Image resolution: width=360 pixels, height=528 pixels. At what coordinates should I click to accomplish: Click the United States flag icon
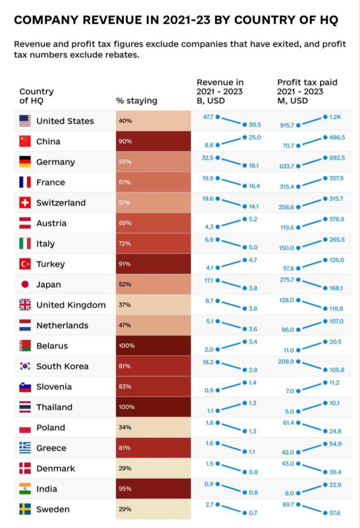coord(25,121)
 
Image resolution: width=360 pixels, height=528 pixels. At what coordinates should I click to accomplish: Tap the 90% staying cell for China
coord(153,141)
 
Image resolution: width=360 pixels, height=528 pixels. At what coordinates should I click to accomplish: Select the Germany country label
coord(56,162)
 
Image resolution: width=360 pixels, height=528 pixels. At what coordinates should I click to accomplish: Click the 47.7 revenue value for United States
coord(208,117)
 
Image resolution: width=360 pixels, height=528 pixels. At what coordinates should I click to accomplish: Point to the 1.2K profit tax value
coord(335,117)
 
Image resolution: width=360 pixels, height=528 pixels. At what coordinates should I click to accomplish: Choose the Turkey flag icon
coord(25,264)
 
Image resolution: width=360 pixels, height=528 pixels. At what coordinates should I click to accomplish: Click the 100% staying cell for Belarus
coord(153,346)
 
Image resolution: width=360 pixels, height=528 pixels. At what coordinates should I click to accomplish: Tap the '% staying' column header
coord(137,101)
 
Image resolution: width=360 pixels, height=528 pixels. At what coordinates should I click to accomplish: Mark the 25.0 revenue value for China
coord(255,137)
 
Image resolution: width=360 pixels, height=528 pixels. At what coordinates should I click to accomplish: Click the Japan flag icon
coord(25,285)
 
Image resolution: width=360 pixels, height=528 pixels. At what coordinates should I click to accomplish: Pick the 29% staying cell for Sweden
coord(153,509)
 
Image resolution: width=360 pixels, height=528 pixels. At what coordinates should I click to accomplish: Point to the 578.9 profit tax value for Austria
coord(336,219)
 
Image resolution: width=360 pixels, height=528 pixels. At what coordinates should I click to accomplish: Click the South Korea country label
coord(62,367)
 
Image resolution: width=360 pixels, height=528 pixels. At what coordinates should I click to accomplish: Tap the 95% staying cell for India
coord(153,489)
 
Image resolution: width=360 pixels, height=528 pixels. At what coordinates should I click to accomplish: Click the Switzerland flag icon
coord(25,203)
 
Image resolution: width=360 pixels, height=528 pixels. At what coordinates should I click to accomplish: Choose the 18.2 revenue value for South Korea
coord(208,362)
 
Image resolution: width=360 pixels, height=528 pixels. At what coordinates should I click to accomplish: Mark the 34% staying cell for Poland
coord(153,428)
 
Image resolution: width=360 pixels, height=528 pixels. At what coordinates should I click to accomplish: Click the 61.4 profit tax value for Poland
coord(288,423)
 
